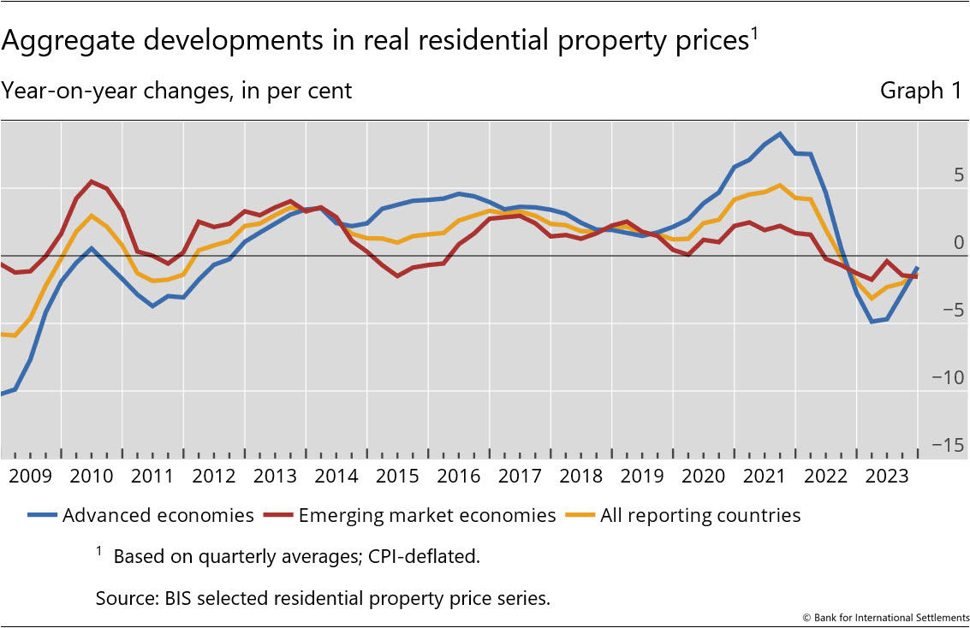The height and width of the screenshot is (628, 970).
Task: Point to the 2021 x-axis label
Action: pyautogui.click(x=764, y=477)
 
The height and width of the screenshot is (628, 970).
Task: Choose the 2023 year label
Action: pyautogui.click(x=886, y=477)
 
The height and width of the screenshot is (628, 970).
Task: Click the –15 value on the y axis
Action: pyautogui.click(x=950, y=445)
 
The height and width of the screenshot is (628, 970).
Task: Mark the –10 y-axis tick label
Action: pyautogui.click(x=950, y=377)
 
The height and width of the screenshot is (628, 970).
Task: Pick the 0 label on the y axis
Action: pyautogui.click(x=958, y=243)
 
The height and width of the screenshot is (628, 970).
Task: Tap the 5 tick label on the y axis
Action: pyautogui.click(x=958, y=175)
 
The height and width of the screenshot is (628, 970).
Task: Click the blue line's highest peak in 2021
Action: pyautogui.click(x=779, y=134)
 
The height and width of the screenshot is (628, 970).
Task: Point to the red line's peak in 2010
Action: pyautogui.click(x=92, y=181)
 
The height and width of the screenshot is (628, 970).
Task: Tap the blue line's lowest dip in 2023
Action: pyautogui.click(x=872, y=322)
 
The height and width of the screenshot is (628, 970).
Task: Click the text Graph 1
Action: pyautogui.click(x=920, y=91)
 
